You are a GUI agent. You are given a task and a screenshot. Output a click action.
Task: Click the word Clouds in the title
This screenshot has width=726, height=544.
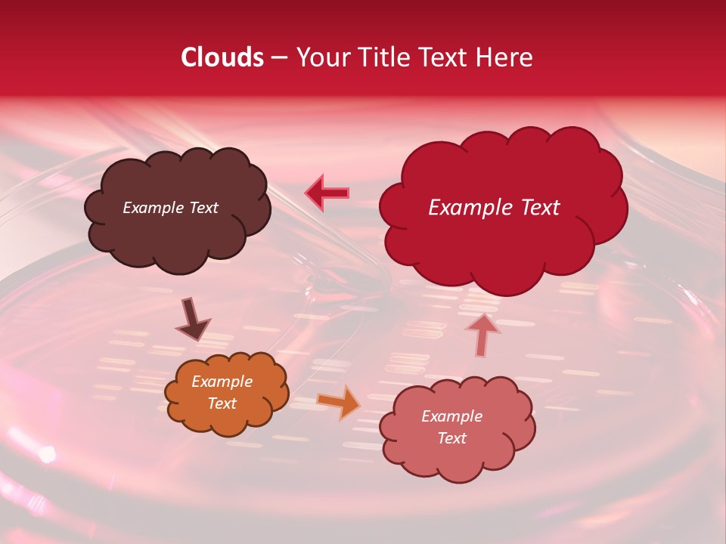[222, 57]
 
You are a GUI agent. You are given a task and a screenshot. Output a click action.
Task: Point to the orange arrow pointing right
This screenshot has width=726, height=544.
[338, 403]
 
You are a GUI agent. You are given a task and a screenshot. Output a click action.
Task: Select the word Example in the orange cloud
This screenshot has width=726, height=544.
[222, 382]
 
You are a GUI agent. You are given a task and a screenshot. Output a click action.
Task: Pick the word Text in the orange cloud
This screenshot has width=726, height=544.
[222, 403]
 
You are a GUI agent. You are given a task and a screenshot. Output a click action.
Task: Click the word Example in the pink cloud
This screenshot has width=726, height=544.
[451, 416]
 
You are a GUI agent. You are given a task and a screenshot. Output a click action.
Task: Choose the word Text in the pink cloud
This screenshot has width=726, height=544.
[451, 438]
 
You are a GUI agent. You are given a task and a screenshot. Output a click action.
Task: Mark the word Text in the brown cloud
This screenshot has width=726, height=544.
[203, 208]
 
